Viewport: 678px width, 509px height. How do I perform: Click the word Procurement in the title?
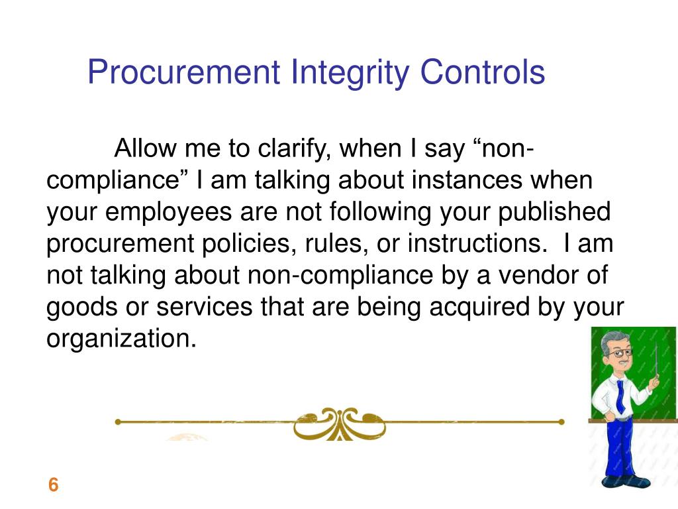[183, 73]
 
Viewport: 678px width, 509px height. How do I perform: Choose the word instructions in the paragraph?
[473, 244]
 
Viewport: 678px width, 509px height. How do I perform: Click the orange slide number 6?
[53, 485]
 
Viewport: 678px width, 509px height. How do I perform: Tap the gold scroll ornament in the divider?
[340, 422]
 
